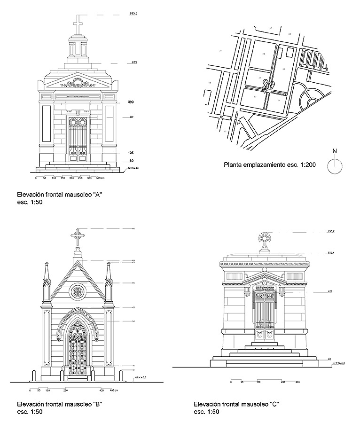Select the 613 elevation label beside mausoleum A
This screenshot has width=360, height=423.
click(x=134, y=63)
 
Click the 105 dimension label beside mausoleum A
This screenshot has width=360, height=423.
click(x=131, y=153)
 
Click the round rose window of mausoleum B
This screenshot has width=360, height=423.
click(x=77, y=292)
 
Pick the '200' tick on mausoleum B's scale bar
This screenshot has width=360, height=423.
click(x=65, y=391)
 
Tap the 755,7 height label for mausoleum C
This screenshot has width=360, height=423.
click(x=332, y=231)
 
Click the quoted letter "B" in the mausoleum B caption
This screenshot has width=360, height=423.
click(x=98, y=404)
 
